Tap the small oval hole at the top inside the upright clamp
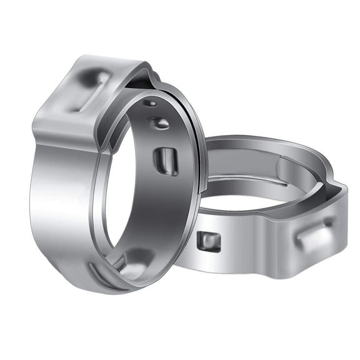pos(150,103)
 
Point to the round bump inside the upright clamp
pos(160,122)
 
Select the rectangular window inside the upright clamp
pos(166,161)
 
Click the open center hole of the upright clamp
pos(125,187)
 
